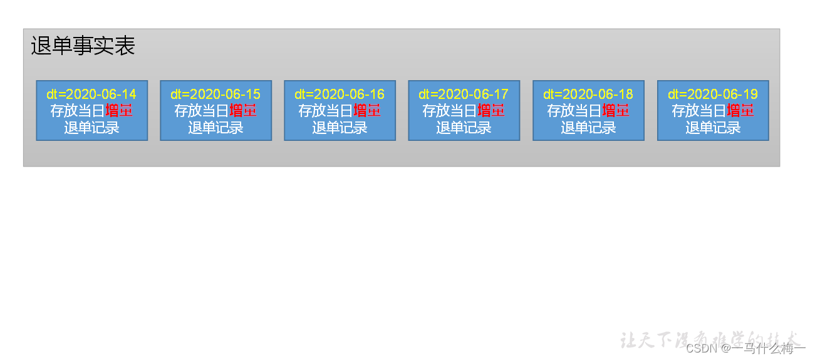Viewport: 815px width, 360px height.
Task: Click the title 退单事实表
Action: pyautogui.click(x=83, y=46)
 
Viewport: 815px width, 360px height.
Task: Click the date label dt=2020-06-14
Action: pyautogui.click(x=91, y=95)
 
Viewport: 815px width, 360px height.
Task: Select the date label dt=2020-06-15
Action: pyautogui.click(x=215, y=95)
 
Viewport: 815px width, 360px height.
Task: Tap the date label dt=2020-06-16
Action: pyautogui.click(x=340, y=95)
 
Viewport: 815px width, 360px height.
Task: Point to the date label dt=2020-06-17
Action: pyautogui.click(x=464, y=95)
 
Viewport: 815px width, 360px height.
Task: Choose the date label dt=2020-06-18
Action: pyautogui.click(x=588, y=95)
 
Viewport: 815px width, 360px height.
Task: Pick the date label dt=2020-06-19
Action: pyautogui.click(x=713, y=95)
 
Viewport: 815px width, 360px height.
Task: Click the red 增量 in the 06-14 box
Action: pyautogui.click(x=119, y=111)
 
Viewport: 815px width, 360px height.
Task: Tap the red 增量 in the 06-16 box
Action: pyautogui.click(x=367, y=111)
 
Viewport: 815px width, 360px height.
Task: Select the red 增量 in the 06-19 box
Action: pyautogui.click(x=740, y=111)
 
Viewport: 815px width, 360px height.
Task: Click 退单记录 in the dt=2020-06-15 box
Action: pyautogui.click(x=215, y=128)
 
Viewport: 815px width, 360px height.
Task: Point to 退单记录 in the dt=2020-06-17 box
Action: pyautogui.click(x=464, y=128)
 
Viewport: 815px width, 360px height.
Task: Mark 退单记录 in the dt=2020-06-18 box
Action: pyautogui.click(x=588, y=128)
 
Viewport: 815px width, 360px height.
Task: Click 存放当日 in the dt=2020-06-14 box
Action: pyautogui.click(x=78, y=111)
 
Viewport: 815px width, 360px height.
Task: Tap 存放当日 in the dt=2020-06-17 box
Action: pyautogui.click(x=450, y=111)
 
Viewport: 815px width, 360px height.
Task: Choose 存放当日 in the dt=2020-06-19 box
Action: pyautogui.click(x=699, y=111)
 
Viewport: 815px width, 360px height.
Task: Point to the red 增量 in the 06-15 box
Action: pyautogui.click(x=243, y=111)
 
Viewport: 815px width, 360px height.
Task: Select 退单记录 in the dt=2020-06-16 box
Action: pyautogui.click(x=340, y=128)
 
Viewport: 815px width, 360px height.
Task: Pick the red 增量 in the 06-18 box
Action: pyautogui.click(x=616, y=111)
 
